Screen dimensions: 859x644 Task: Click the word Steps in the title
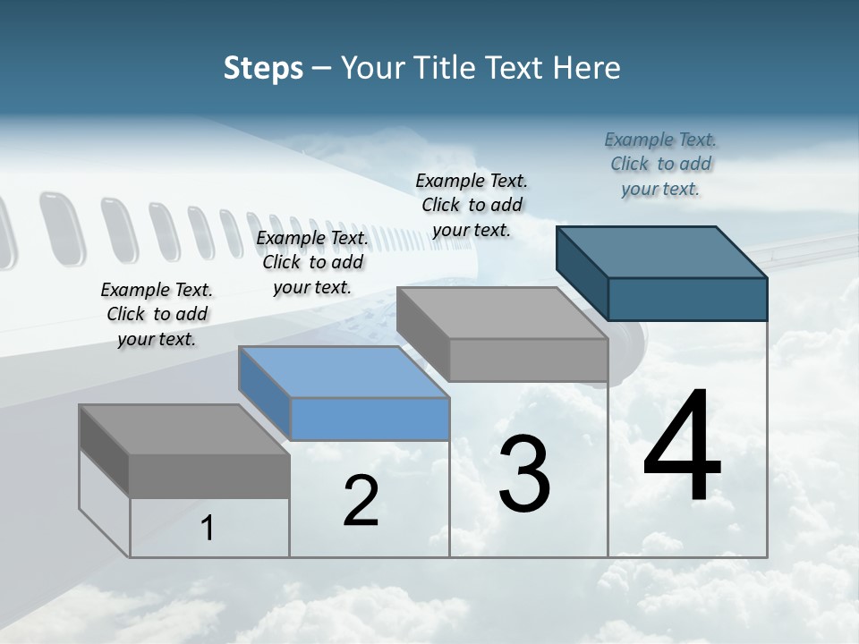click(x=263, y=68)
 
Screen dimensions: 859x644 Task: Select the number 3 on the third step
click(x=524, y=474)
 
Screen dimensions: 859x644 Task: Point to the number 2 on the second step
click(x=361, y=502)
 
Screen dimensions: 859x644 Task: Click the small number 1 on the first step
click(x=207, y=529)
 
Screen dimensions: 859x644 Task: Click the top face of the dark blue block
click(x=662, y=251)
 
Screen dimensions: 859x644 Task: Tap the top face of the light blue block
click(x=344, y=371)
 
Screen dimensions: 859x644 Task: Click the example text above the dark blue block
click(x=660, y=164)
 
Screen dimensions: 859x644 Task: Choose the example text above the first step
click(x=157, y=314)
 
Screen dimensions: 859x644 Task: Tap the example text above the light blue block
click(x=312, y=262)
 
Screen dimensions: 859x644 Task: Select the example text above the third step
click(x=472, y=205)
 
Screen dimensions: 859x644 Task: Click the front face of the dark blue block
click(x=687, y=299)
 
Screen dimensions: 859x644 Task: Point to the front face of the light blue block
click(x=370, y=419)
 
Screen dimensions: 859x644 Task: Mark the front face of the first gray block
click(x=209, y=476)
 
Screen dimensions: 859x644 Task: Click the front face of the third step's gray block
click(x=528, y=360)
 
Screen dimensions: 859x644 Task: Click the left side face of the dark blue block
click(x=583, y=272)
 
